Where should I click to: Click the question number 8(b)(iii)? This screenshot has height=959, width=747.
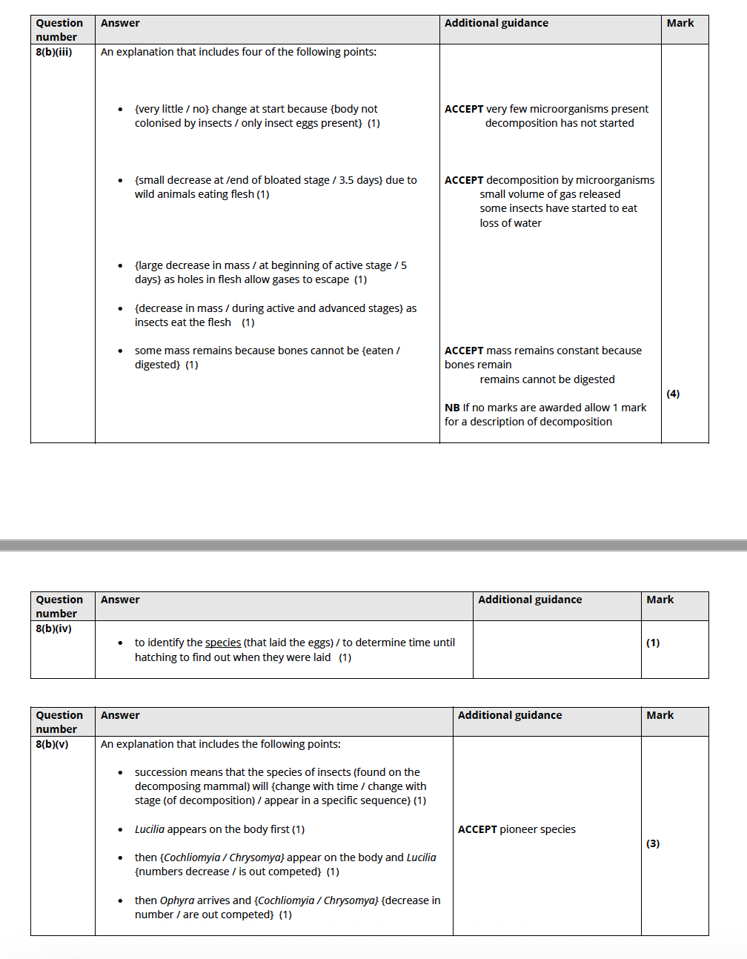click(x=54, y=52)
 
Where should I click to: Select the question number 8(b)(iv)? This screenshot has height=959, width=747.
click(x=53, y=628)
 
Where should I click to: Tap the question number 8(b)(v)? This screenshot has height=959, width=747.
click(x=52, y=744)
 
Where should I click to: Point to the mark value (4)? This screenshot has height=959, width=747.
click(x=673, y=394)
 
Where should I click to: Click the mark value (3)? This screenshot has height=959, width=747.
click(x=653, y=843)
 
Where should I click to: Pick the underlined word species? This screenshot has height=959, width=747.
click(x=223, y=643)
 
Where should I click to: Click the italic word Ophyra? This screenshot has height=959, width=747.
click(x=177, y=900)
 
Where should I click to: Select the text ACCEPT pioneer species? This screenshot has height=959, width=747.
click(x=517, y=829)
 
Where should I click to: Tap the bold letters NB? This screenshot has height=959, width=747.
click(x=452, y=408)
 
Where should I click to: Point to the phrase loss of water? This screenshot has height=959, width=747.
click(x=511, y=223)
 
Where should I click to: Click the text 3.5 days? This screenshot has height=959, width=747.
click(x=359, y=180)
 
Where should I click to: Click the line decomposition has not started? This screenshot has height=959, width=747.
click(x=560, y=123)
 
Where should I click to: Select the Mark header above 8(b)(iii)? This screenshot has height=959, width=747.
click(x=680, y=23)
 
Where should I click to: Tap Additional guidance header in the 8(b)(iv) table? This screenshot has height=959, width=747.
click(x=530, y=600)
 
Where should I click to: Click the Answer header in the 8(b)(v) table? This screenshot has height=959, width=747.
click(x=120, y=715)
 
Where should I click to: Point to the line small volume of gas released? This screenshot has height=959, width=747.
click(x=550, y=194)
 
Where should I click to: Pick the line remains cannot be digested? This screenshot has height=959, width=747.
click(x=547, y=379)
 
